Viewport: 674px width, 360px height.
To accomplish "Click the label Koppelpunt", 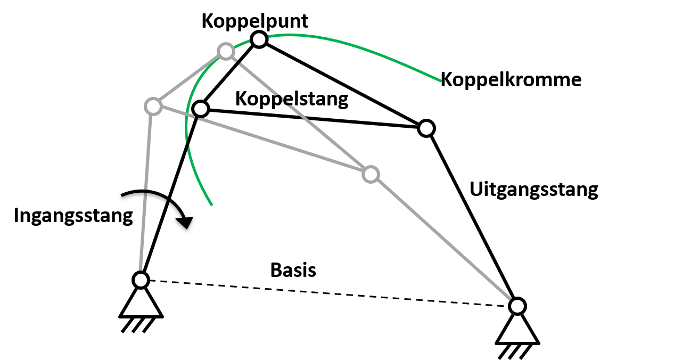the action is pyautogui.click(x=255, y=22).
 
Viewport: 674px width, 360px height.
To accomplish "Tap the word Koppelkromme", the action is pyautogui.click(x=511, y=80).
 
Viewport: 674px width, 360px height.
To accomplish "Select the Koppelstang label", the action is pyautogui.click(x=292, y=100).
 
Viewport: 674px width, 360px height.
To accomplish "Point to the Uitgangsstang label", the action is pyautogui.click(x=534, y=190).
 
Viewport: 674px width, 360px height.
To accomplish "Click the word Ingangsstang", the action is pyautogui.click(x=73, y=216).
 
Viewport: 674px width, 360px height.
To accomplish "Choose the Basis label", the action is pyautogui.click(x=293, y=270).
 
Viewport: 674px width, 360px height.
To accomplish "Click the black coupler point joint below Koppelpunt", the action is pyautogui.click(x=259, y=39).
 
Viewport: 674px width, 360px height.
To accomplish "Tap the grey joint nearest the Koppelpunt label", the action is pyautogui.click(x=226, y=51).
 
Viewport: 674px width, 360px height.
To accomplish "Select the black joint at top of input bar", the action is pyautogui.click(x=201, y=109).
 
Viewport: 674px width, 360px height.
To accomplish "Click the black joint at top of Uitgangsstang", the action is pyautogui.click(x=426, y=128).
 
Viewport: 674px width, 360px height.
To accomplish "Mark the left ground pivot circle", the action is pyautogui.click(x=141, y=280).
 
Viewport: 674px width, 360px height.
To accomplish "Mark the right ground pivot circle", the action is pyautogui.click(x=517, y=306).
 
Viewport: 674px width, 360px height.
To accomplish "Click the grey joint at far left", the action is pyautogui.click(x=153, y=106).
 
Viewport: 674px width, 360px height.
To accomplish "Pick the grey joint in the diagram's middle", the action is pyautogui.click(x=371, y=174).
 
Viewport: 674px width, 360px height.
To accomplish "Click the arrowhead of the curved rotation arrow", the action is pyautogui.click(x=185, y=222).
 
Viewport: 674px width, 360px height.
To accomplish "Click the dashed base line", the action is pyautogui.click(x=329, y=293).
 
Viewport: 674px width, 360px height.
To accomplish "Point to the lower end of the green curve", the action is pyautogui.click(x=212, y=205).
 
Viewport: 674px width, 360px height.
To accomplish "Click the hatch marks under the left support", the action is pyautogui.click(x=138, y=325).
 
